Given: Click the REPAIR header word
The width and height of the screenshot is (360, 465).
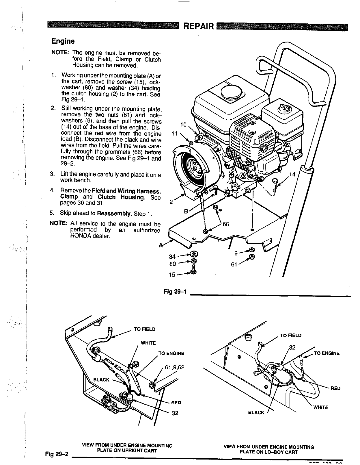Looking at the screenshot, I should (x=199, y=27).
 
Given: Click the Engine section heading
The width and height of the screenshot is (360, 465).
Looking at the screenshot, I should (x=63, y=41).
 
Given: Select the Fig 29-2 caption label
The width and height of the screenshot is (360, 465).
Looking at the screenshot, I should (x=57, y=454).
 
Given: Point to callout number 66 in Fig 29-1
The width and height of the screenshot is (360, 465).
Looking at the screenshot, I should (x=226, y=224).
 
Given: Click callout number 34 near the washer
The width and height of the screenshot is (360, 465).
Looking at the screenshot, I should (x=172, y=257).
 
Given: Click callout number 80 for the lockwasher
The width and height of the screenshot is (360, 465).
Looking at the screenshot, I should (x=172, y=264).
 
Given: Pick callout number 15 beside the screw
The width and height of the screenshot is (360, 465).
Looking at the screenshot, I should (x=172, y=275).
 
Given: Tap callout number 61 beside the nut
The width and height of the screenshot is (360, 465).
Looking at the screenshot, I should (x=234, y=264).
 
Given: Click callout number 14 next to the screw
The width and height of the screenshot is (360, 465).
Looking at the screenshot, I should (x=292, y=174).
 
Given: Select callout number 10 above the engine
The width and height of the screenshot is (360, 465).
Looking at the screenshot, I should (x=183, y=125).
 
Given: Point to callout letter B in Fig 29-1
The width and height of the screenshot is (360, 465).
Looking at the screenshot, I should (x=186, y=211).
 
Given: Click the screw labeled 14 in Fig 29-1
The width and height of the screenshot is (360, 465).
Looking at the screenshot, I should (x=275, y=185).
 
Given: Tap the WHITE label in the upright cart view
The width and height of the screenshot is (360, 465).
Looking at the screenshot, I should (x=148, y=343).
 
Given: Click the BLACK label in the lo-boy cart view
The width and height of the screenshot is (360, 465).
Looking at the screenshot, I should (x=256, y=412).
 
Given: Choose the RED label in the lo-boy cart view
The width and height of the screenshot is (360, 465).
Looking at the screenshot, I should (x=335, y=388).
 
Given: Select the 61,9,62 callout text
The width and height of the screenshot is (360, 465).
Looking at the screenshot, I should (x=174, y=368).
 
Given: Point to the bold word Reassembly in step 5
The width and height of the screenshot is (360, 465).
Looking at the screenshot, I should (x=114, y=214).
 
